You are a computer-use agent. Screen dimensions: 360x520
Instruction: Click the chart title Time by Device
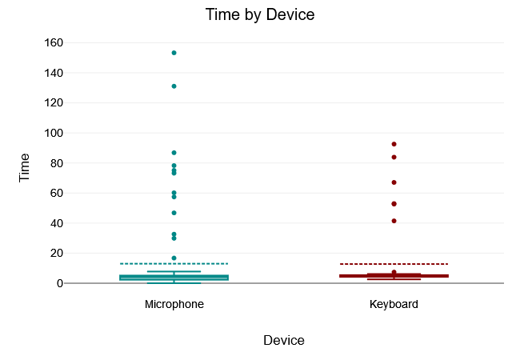pos(259,14)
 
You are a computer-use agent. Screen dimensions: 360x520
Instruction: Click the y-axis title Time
pos(25,167)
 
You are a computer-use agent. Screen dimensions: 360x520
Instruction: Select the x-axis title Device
pos(283,340)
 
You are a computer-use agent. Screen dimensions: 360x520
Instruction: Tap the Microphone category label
pos(174,305)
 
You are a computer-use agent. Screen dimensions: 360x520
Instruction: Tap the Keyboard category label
pos(394,305)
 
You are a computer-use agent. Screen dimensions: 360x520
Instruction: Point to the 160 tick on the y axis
pos(54,42)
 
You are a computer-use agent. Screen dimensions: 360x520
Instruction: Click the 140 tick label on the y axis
pos(54,73)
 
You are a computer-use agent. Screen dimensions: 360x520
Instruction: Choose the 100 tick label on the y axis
pos(54,133)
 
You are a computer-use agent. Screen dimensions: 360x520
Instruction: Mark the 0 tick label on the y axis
pos(60,283)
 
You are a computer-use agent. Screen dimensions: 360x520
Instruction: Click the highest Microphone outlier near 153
pos(174,53)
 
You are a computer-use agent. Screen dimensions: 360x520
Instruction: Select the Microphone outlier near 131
pos(174,86)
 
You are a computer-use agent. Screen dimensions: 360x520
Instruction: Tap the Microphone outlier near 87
pos(174,152)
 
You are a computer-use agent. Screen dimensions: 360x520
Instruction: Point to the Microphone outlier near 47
pos(174,213)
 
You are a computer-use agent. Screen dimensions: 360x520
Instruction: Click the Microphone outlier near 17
pos(174,258)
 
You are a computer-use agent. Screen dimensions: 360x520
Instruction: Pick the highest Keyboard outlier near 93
pos(394,144)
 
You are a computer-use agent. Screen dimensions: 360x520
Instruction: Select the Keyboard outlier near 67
pos(394,182)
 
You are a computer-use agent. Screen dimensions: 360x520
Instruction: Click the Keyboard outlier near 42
pos(394,221)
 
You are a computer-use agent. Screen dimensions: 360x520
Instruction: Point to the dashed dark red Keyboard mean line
pos(424,264)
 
